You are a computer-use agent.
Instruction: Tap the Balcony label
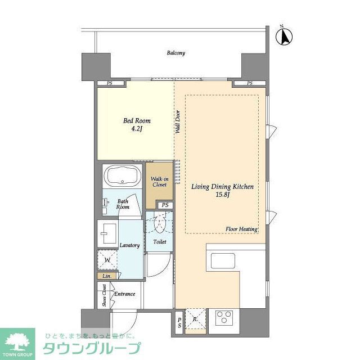175,53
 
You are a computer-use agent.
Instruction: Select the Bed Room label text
137,120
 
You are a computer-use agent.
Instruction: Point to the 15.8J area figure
222,195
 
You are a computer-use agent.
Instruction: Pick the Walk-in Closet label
160,182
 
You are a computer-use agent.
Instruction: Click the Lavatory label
129,245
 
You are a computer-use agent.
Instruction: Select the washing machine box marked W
107,260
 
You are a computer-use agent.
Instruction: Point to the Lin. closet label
106,276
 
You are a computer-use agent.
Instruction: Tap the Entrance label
124,294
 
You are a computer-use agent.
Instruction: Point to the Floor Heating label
241,229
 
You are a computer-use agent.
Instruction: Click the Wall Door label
177,121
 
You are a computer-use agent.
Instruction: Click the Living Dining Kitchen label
222,186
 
